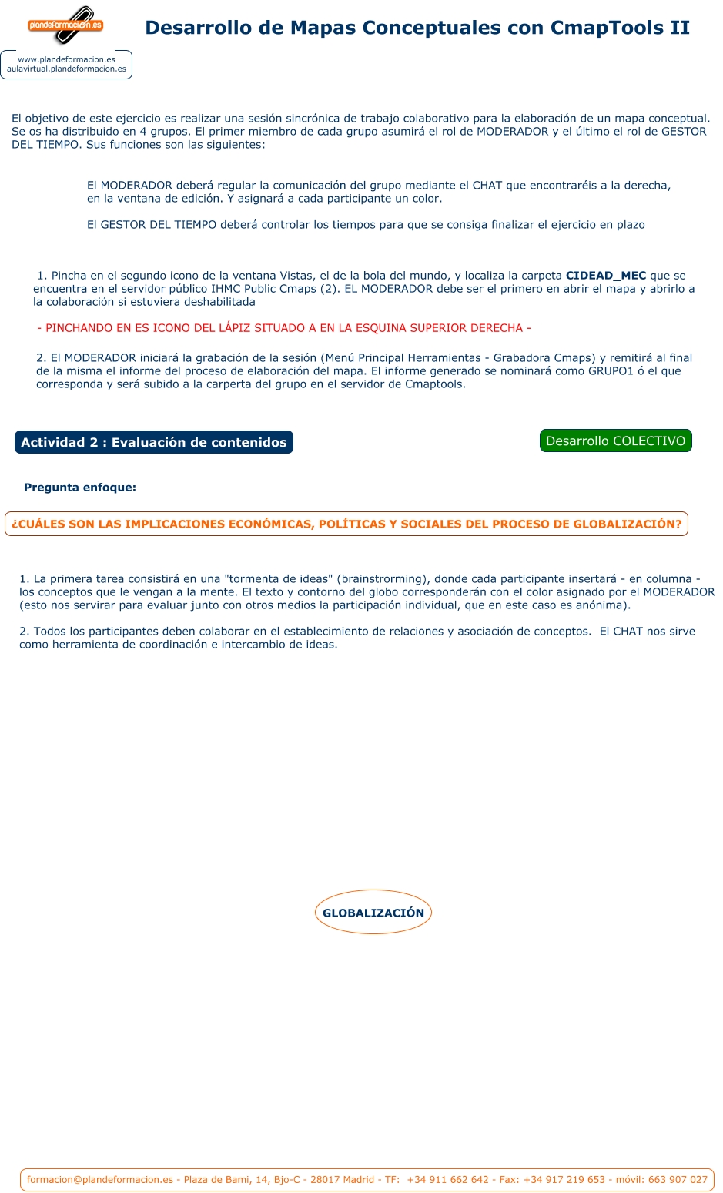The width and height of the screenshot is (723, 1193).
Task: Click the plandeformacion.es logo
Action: (65, 25)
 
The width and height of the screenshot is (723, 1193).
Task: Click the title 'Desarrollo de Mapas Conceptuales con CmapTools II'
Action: (417, 28)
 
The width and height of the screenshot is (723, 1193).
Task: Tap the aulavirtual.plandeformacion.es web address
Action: (66, 69)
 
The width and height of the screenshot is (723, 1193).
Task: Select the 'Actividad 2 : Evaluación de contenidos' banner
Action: (154, 442)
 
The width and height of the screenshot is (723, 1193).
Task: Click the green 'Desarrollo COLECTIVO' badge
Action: (615, 441)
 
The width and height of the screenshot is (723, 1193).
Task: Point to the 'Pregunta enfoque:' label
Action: (80, 488)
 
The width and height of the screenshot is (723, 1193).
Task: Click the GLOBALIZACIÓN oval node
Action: (373, 913)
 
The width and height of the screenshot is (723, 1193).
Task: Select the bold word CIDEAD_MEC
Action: (606, 276)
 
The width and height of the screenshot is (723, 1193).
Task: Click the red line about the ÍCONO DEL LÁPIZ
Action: (284, 328)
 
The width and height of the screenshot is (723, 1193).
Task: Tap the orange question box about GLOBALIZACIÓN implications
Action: (346, 524)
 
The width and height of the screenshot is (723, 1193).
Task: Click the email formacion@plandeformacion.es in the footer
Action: (100, 1179)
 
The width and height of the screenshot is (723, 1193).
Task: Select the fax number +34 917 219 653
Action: (564, 1179)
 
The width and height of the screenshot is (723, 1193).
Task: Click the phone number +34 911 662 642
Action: (448, 1179)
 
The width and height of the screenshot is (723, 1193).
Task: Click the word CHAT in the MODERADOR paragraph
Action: (487, 186)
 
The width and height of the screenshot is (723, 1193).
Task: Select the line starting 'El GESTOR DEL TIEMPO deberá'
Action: (366, 225)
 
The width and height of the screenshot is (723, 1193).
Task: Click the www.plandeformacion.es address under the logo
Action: (66, 59)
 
